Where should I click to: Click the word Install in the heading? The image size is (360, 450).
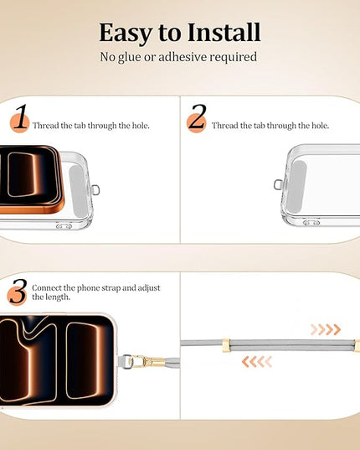(x=224, y=32)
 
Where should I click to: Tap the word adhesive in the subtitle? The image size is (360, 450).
(x=183, y=56)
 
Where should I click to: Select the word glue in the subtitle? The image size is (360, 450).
(x=129, y=57)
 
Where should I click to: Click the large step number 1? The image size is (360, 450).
(x=21, y=116)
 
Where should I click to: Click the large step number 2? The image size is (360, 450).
(x=198, y=116)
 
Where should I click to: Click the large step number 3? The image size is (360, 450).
(x=18, y=291)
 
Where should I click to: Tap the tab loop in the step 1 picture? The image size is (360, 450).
(x=95, y=190)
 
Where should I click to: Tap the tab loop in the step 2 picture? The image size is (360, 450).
(x=278, y=184)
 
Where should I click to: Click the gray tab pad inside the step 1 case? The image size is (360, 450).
(x=78, y=191)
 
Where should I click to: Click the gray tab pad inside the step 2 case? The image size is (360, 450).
(x=297, y=187)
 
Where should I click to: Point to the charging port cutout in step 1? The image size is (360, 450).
(x=64, y=226)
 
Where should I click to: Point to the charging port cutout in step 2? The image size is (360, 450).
(x=311, y=223)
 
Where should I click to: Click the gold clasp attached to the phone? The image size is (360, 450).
(x=146, y=361)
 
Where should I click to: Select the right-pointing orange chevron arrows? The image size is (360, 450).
(x=326, y=330)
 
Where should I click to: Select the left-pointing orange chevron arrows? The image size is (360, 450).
(x=257, y=362)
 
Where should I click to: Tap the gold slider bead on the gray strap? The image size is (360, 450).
(x=226, y=345)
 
